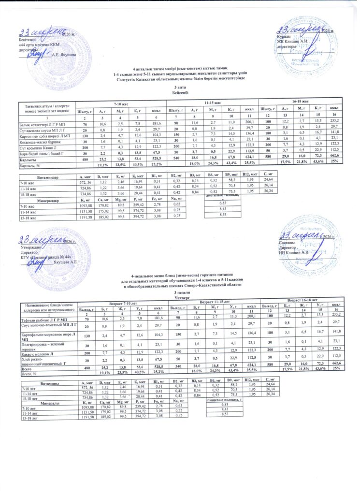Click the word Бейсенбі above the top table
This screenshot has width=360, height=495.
click(x=179, y=92)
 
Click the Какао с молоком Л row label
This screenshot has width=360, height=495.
click(x=36, y=353)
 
